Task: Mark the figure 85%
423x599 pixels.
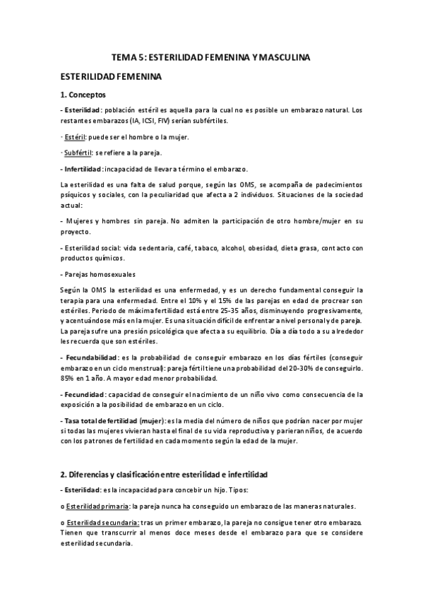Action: (x=68, y=378)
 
